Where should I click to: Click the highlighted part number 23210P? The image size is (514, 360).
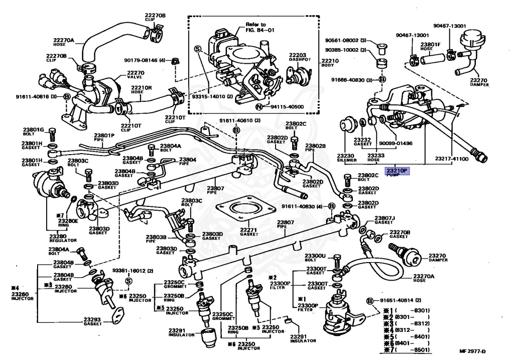click(397, 171)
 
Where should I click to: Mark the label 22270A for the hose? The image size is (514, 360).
click(64, 40)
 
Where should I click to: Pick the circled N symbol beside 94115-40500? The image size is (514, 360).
click(259, 107)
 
